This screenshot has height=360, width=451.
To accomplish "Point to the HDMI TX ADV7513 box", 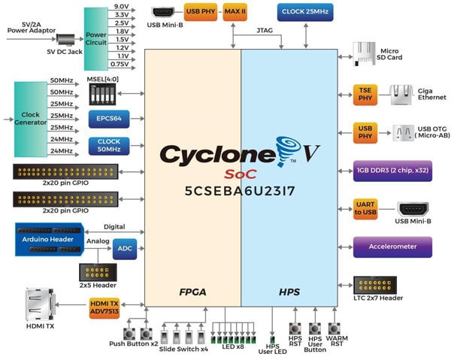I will tap(104, 307).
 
